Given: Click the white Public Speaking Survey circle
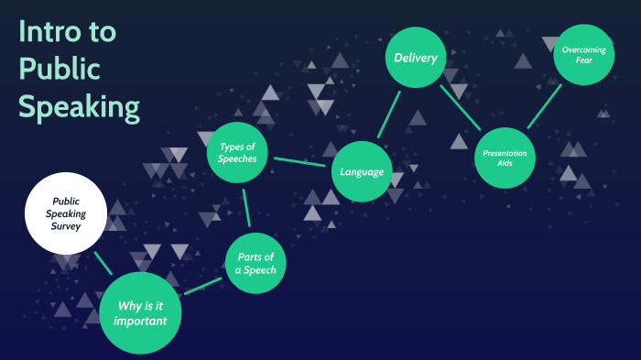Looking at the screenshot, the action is click(66, 213).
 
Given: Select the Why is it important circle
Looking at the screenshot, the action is click(140, 313).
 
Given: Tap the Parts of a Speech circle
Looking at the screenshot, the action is click(255, 263).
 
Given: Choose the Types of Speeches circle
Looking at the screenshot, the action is click(237, 153).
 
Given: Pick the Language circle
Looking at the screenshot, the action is click(362, 171).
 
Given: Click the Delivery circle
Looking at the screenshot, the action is click(416, 58).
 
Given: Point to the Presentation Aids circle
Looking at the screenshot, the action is click(505, 158).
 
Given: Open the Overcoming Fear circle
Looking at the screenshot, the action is click(584, 54).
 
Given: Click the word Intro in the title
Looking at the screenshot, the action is click(49, 31).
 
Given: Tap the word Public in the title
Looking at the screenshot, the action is click(60, 69).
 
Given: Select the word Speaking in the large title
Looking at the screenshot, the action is click(80, 107).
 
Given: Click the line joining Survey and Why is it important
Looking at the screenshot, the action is click(103, 263).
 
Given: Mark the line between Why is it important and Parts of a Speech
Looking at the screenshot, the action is click(203, 286).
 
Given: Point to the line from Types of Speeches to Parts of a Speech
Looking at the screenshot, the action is click(246, 208).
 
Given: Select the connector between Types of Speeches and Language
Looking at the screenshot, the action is click(299, 162).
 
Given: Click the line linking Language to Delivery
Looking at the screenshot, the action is click(389, 115).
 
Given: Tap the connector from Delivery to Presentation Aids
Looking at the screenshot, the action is click(461, 107).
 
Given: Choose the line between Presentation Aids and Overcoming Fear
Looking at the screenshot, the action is click(545, 106).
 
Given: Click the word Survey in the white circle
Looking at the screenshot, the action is click(66, 226).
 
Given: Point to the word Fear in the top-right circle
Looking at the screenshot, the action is click(584, 60).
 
